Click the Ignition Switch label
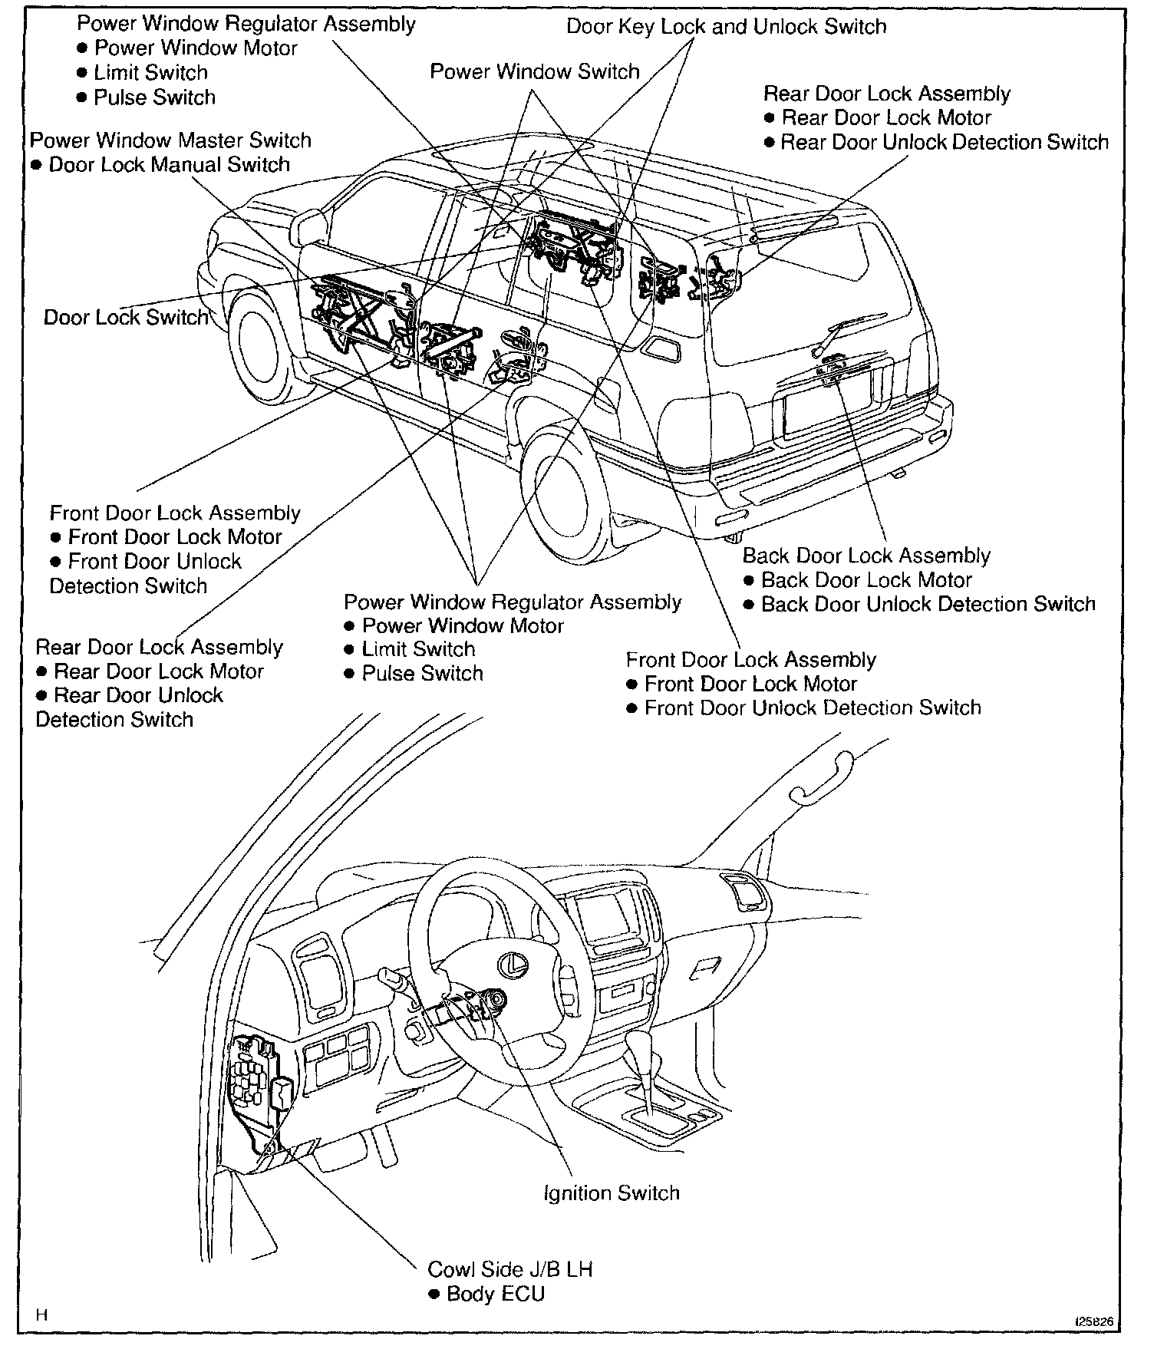coord(611,1193)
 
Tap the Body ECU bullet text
coord(495,1294)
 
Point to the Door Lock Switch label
coord(126,318)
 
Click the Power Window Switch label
coord(534,72)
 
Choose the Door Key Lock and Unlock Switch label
coord(726,27)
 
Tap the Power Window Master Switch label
coord(170,140)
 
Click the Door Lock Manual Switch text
coord(169,165)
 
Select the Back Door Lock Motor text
coord(866,580)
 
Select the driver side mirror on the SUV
coord(310,226)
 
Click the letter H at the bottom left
coord(42,1314)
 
